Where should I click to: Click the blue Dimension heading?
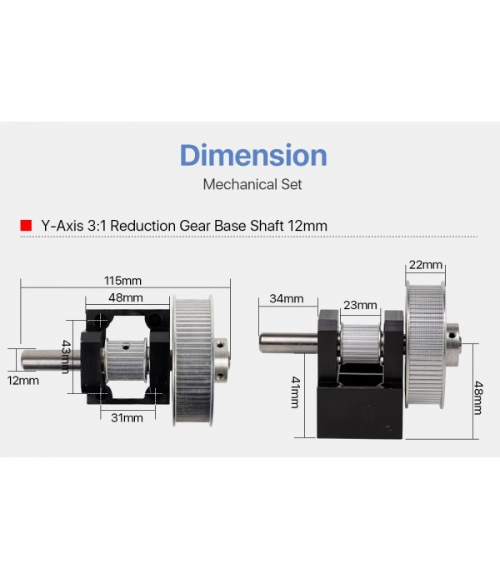coord(253,155)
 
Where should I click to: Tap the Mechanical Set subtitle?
coord(252,184)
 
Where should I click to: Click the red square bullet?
coord(26,225)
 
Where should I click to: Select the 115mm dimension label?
coord(122,281)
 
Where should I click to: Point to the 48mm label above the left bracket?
coord(126,297)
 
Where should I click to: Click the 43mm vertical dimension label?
coord(65,357)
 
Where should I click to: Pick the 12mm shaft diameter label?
coord(22,381)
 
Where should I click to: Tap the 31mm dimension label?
coord(127,417)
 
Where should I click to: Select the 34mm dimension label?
coord(287,298)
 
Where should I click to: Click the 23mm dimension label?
coord(360,305)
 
